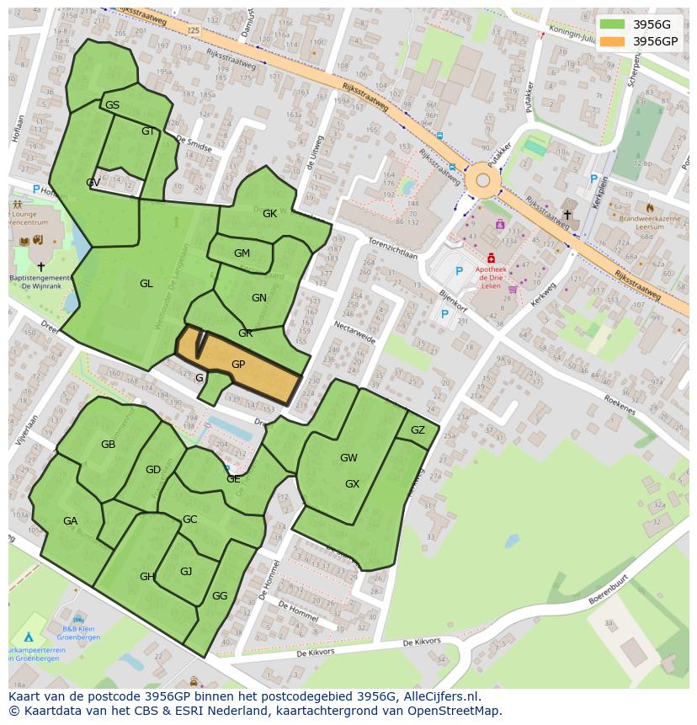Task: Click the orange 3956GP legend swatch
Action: pos(612,41)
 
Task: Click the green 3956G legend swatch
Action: pos(612,24)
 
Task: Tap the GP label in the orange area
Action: pos(238,365)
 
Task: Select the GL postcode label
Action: pos(146,284)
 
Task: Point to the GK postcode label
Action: pos(269,214)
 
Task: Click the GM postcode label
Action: pos(242,253)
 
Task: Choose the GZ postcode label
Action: pos(418,430)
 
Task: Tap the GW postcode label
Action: pos(348,458)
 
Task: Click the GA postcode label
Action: pos(70,521)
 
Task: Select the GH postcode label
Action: pos(147,577)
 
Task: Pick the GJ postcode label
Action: pos(186,572)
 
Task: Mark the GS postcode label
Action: pos(112,105)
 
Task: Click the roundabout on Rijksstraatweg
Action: pos(482,179)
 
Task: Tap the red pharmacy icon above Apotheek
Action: pos(492,259)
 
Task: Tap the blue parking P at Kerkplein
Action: pos(593,179)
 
